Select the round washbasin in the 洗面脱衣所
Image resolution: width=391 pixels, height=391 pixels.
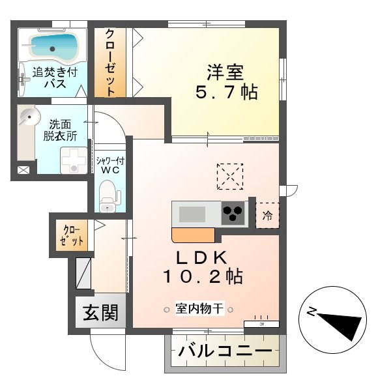pyautogui.click(x=28, y=118)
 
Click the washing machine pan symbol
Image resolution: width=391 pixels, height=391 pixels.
pyautogui.click(x=73, y=159)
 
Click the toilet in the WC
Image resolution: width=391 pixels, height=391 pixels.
pyautogui.click(x=109, y=194)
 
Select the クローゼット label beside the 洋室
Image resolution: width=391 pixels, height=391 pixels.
pyautogui.click(x=111, y=63)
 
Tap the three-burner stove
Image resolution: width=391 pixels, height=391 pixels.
pyautogui.click(x=233, y=212)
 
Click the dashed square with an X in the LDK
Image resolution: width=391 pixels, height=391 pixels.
pyautogui.click(x=229, y=176)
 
